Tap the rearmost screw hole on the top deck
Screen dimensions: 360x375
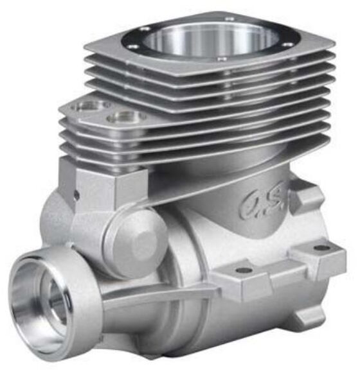pos(230,19)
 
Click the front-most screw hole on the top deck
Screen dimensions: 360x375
pos(222,59)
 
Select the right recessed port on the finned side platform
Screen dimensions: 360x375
pos(125,117)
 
